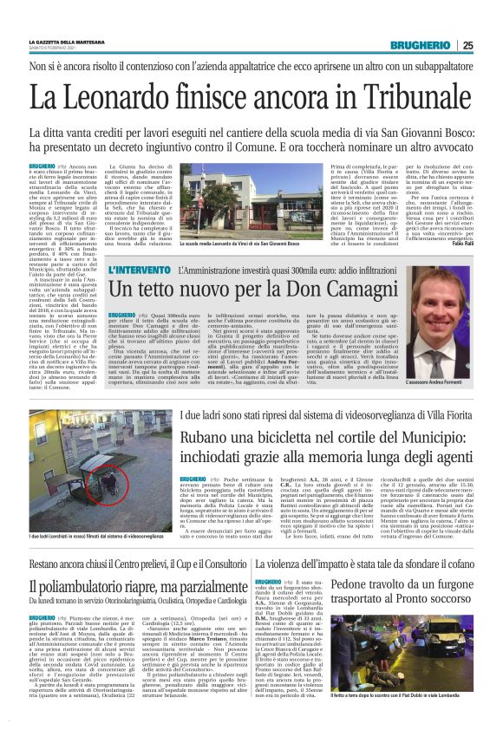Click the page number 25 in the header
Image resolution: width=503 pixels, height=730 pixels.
point(467,45)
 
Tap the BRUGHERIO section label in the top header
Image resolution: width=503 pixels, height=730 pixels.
point(420,45)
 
